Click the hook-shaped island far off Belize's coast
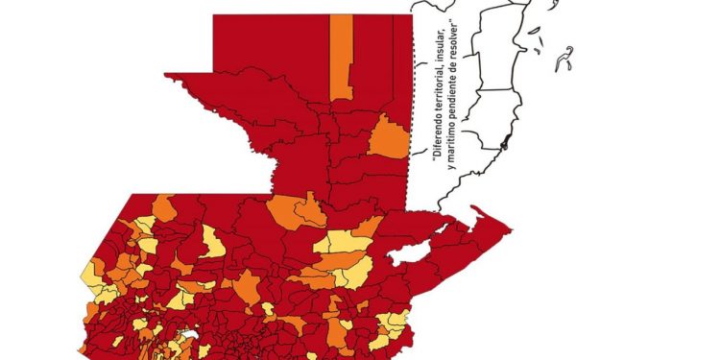point(567,55)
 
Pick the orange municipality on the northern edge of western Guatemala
point(164,206)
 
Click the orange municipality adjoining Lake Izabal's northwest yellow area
point(367,228)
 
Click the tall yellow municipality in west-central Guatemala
point(213,240)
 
